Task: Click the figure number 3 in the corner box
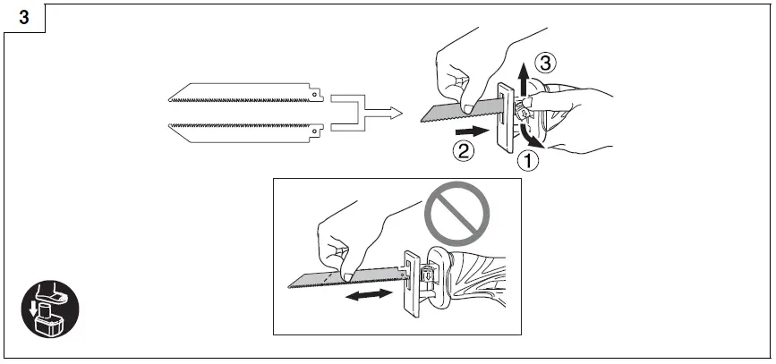click(x=23, y=17)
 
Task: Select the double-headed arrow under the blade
click(x=369, y=294)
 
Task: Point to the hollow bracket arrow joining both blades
click(x=362, y=113)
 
